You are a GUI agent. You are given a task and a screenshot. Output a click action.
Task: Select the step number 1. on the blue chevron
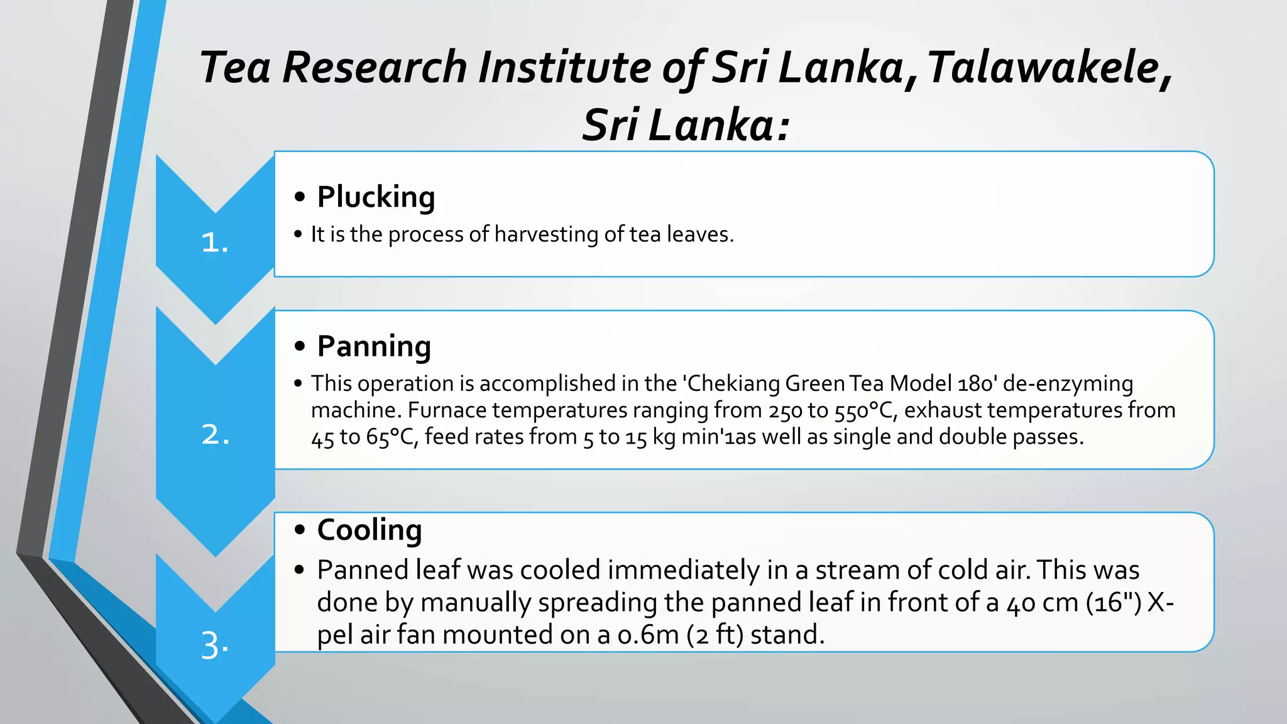(x=214, y=243)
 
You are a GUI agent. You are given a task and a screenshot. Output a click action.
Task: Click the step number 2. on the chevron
(x=215, y=434)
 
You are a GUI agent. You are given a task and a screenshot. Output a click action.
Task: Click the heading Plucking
(x=376, y=197)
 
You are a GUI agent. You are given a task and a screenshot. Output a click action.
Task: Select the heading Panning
(x=374, y=346)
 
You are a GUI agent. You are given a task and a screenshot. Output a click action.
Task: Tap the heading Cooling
(x=370, y=530)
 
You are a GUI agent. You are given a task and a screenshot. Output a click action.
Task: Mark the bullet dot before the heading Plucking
(x=300, y=197)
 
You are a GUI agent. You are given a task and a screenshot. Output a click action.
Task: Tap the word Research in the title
(x=375, y=68)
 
